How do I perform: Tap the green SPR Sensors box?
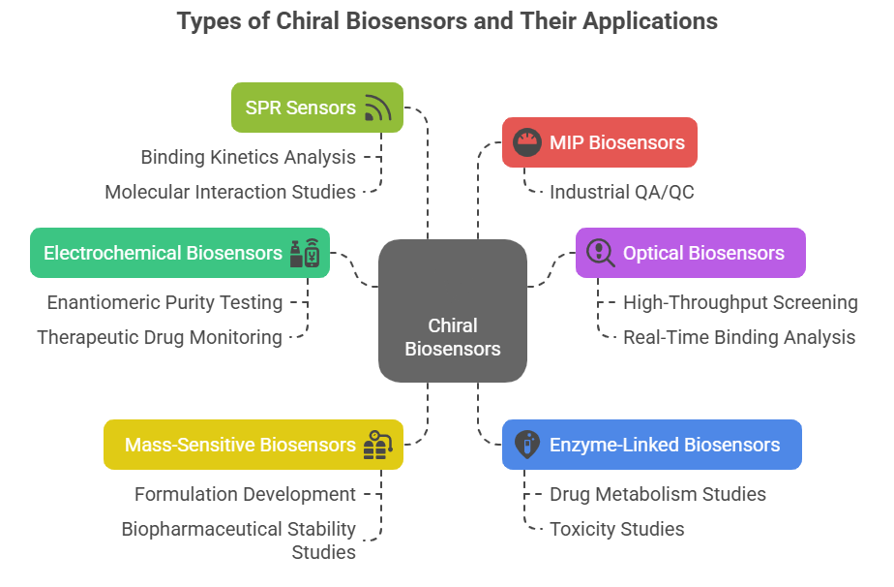point(316,108)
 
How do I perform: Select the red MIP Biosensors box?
point(599,142)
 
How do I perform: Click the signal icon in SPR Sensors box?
point(377,108)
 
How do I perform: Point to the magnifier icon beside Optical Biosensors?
point(600,253)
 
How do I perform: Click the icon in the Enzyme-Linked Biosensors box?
point(525,445)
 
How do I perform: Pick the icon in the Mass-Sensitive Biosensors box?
point(377,445)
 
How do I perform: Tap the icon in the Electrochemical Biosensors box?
point(304,253)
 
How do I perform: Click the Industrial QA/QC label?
point(621,192)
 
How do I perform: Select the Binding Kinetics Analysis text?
point(249,157)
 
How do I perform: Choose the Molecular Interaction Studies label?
point(230,192)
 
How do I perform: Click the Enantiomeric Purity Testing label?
point(164,302)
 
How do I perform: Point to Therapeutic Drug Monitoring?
point(160,337)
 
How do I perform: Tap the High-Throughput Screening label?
point(740,302)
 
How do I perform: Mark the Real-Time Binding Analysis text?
point(739,337)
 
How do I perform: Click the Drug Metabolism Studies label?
point(658,494)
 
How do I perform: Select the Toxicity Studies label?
point(617,529)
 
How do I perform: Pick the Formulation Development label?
point(245,494)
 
